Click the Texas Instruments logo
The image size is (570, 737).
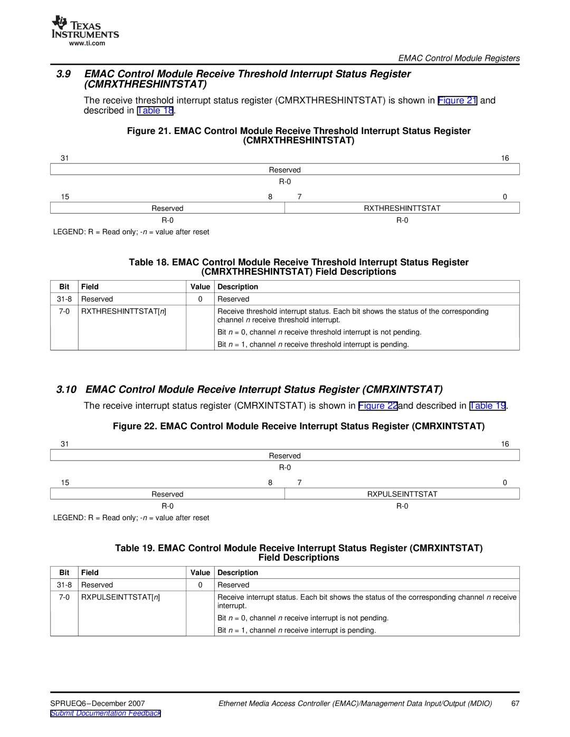85,27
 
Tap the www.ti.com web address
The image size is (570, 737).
87,44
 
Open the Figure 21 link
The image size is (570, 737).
457,100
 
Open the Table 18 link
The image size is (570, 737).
155,111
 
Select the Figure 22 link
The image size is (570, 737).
377,406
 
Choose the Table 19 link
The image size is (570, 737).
488,406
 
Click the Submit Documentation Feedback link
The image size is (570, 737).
106,713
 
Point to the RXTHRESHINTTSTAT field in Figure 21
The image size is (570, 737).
402,208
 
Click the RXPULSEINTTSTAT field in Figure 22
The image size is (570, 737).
402,494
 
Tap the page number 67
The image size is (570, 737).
515,703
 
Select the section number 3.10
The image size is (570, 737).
66,389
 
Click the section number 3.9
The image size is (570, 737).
63,74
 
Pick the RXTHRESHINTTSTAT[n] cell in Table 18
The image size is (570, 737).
123,311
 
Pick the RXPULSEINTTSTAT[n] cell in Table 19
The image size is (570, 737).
120,597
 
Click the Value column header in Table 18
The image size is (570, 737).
200,287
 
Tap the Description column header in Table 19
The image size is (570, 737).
237,573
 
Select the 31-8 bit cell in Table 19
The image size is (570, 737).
64,585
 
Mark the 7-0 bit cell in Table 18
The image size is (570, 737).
64,311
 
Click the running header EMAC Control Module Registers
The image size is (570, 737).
459,58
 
